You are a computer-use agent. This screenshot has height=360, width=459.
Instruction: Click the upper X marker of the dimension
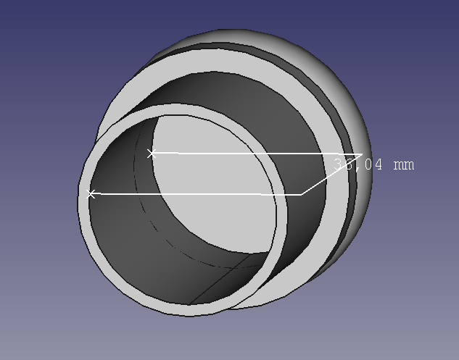click(x=152, y=153)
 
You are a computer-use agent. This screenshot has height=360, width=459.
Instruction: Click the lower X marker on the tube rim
click(x=91, y=194)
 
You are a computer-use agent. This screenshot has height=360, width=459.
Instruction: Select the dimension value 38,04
click(x=358, y=164)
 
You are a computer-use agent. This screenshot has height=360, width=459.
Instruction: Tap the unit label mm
click(x=403, y=165)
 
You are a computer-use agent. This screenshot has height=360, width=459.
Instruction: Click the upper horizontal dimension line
click(x=254, y=154)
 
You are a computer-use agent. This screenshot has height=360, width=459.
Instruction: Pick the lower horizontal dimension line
click(x=196, y=194)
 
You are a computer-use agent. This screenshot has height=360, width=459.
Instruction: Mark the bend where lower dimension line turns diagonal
click(x=302, y=194)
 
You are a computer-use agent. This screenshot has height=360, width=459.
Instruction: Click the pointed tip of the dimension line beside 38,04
click(x=361, y=154)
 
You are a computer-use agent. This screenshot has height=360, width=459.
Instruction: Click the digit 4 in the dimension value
click(x=377, y=165)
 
